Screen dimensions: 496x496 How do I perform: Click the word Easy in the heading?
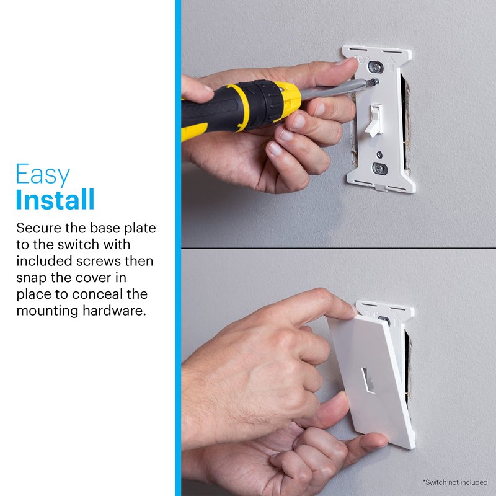click(43, 174)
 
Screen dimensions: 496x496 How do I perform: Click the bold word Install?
click(55, 199)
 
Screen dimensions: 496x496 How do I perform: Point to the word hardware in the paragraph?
click(114, 311)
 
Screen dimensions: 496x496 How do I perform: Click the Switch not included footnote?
click(455, 482)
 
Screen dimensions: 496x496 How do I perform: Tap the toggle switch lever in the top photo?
click(374, 120)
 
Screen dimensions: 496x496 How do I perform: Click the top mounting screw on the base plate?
click(376, 68)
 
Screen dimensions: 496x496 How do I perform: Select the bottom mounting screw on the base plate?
click(380, 168)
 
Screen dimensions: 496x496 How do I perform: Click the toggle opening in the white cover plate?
click(368, 380)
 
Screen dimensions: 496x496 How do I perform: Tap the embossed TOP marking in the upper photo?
click(361, 60)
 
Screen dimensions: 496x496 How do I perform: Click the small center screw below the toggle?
click(379, 154)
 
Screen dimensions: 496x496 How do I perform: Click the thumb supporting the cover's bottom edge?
click(367, 441)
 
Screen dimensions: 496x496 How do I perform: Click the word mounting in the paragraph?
click(47, 311)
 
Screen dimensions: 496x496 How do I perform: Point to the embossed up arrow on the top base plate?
click(392, 64)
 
